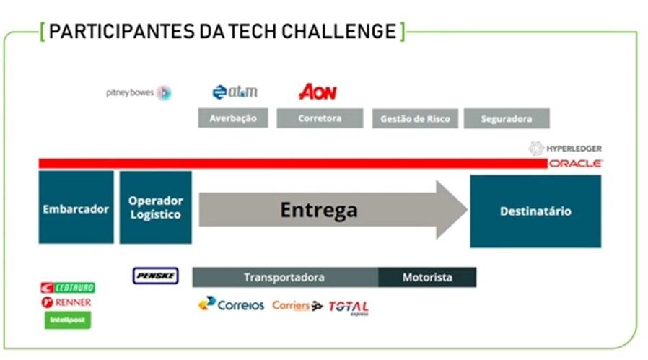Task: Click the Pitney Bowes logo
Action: tap(138, 92)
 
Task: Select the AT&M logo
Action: tap(235, 92)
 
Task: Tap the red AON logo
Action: tap(318, 92)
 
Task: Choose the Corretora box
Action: tap(320, 118)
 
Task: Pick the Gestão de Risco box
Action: tap(415, 118)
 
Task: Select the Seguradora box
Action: tap(506, 118)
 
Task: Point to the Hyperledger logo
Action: tap(566, 148)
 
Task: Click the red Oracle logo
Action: tap(575, 164)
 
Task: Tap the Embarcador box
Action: tap(76, 209)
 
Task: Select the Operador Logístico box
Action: tap(155, 208)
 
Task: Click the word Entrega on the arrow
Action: tap(318, 210)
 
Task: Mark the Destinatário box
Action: tap(535, 211)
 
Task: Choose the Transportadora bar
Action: tap(284, 277)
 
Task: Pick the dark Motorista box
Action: tap(427, 277)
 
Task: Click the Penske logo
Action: tap(155, 276)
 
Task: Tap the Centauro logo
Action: tap(68, 287)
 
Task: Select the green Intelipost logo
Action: tap(68, 319)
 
